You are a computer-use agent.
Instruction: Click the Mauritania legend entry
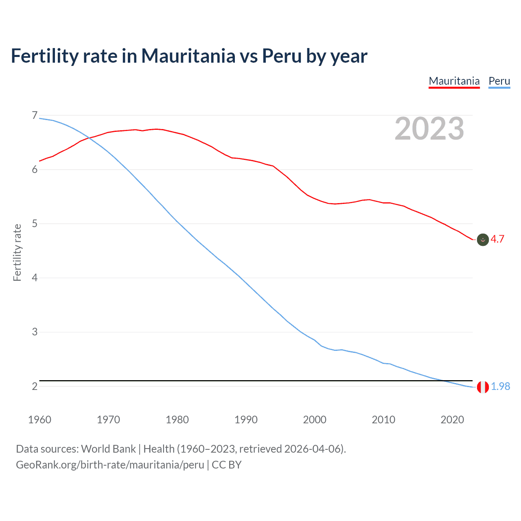[x=454, y=81]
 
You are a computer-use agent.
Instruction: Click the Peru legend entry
[x=499, y=81]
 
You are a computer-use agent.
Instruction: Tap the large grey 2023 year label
[x=429, y=129]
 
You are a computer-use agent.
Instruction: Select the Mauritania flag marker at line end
[x=483, y=240]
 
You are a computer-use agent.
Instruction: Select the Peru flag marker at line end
[x=483, y=387]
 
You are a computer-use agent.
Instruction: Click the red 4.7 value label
[x=497, y=239]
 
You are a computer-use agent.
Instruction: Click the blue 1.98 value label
[x=500, y=387]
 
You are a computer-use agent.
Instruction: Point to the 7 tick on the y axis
[x=35, y=116]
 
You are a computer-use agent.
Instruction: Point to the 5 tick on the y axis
[x=35, y=224]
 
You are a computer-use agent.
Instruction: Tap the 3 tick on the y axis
[x=35, y=332]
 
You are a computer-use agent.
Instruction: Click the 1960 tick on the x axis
[x=39, y=420]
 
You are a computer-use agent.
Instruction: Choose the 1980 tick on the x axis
[x=177, y=420]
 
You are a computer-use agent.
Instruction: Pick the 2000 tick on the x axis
[x=315, y=420]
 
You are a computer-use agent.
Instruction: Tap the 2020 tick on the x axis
[x=452, y=420]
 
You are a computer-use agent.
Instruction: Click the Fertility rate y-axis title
[x=17, y=252]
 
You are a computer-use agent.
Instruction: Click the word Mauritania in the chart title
[x=188, y=56]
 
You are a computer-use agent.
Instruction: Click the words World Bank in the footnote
[x=108, y=449]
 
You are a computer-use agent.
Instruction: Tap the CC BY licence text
[x=227, y=465]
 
